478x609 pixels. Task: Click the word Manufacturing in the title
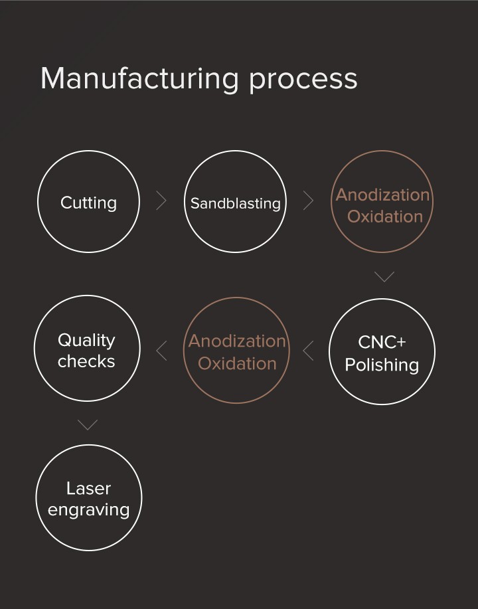[x=139, y=78]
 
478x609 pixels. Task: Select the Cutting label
[x=88, y=203]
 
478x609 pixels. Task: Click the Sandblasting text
[x=236, y=203]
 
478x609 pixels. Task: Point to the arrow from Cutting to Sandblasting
[x=161, y=201]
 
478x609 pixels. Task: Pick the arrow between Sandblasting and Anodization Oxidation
[x=308, y=201]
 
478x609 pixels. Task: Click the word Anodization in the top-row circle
[x=382, y=195]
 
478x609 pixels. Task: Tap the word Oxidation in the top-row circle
[x=384, y=217]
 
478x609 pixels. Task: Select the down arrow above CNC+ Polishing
[x=384, y=276]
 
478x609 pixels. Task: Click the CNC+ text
[x=382, y=342]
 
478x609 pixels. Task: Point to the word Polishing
[x=382, y=365]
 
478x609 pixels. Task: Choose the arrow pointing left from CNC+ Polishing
[x=308, y=350]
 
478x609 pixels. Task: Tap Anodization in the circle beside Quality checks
[x=237, y=341]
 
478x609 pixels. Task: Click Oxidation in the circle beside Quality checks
[x=237, y=363]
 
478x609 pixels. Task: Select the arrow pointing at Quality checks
[x=161, y=350]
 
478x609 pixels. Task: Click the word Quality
[x=86, y=340]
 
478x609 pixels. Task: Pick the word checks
[x=86, y=362]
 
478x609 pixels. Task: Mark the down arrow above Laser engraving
[x=88, y=424]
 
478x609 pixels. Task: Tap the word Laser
[x=88, y=489]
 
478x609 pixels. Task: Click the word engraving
[x=88, y=511]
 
